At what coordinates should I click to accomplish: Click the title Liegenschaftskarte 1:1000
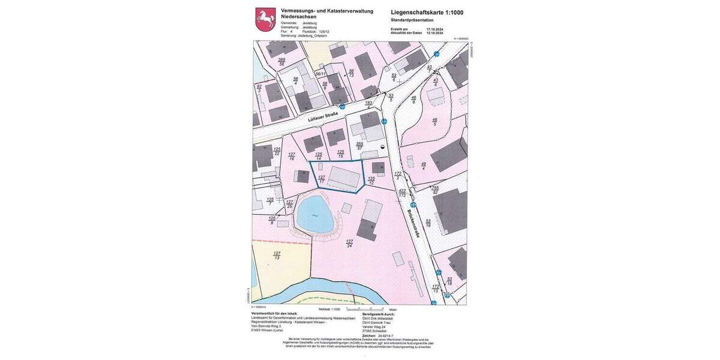tap(427, 12)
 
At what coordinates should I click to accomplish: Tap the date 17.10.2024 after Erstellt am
tap(434, 29)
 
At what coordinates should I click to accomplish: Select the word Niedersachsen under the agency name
tap(299, 17)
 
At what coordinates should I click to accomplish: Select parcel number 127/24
tap(349, 243)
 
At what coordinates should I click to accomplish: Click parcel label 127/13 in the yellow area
tap(277, 254)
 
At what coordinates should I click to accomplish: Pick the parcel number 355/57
tap(359, 146)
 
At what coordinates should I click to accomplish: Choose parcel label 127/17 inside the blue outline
tap(322, 179)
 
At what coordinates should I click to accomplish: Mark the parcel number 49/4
tap(424, 166)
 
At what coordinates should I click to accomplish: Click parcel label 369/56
tap(281, 62)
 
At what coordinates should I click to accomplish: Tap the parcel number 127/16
tap(292, 156)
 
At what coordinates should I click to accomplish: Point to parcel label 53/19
tap(428, 223)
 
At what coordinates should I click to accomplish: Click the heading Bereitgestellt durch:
tap(379, 314)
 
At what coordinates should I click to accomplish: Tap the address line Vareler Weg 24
tap(374, 327)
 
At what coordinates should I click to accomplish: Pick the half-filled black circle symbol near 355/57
tap(383, 146)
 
